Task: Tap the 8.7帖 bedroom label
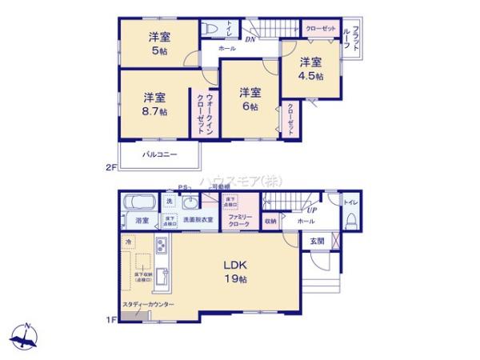(x=155, y=105)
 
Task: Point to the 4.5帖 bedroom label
(x=310, y=69)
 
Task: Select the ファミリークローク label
(x=239, y=221)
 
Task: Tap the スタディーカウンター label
(x=149, y=305)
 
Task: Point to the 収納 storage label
(x=270, y=220)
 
